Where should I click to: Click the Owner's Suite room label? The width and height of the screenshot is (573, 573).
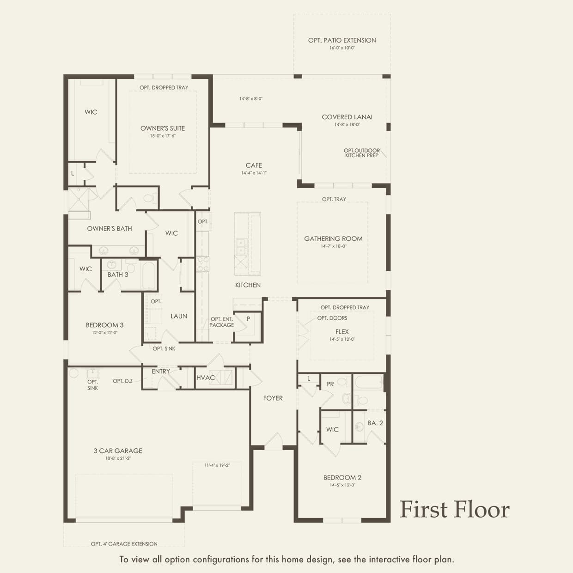(x=163, y=128)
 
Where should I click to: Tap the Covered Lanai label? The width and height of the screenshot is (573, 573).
(x=347, y=117)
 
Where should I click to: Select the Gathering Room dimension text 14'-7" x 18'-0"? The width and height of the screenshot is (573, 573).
(x=334, y=246)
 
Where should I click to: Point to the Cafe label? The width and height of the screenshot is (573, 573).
(x=254, y=165)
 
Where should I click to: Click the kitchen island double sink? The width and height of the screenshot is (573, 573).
(x=241, y=247)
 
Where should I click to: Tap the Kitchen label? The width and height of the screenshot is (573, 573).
(x=248, y=285)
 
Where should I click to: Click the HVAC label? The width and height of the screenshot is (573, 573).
(x=206, y=378)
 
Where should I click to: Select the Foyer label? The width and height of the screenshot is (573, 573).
(x=273, y=398)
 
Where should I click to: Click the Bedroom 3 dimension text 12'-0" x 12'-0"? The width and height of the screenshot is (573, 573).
(x=105, y=333)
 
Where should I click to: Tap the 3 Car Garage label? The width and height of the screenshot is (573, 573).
(x=118, y=451)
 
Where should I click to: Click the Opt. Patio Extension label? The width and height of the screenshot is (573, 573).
(x=342, y=41)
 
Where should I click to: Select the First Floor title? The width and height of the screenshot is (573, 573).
(x=455, y=509)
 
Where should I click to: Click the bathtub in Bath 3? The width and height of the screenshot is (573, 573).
(x=148, y=275)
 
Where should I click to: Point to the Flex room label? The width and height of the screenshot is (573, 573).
(x=342, y=332)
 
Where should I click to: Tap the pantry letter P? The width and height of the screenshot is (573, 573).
(x=248, y=319)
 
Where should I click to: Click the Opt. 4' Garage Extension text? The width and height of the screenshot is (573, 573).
(x=124, y=544)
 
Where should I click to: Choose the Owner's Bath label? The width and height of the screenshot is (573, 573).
(x=110, y=229)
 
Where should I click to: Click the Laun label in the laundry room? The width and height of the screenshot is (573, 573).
(x=179, y=317)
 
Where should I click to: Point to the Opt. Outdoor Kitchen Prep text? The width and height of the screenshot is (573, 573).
(x=361, y=153)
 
